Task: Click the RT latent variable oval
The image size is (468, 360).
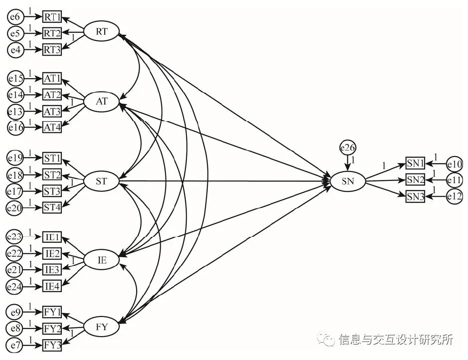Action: click(x=102, y=32)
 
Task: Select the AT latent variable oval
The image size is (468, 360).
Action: click(x=102, y=102)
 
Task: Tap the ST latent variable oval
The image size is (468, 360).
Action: click(x=101, y=181)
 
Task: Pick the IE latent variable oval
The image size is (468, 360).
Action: click(x=102, y=260)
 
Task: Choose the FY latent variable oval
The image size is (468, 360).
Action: click(x=102, y=327)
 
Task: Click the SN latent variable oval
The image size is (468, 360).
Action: click(x=348, y=181)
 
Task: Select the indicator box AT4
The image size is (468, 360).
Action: click(x=52, y=127)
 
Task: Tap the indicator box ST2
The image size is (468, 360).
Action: click(x=52, y=175)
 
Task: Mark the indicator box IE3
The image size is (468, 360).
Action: click(x=52, y=270)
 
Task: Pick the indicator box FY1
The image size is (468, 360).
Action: click(x=52, y=313)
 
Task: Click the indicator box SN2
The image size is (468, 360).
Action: click(x=415, y=180)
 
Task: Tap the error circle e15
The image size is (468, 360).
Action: click(x=16, y=78)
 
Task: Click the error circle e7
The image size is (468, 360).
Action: click(x=16, y=345)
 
